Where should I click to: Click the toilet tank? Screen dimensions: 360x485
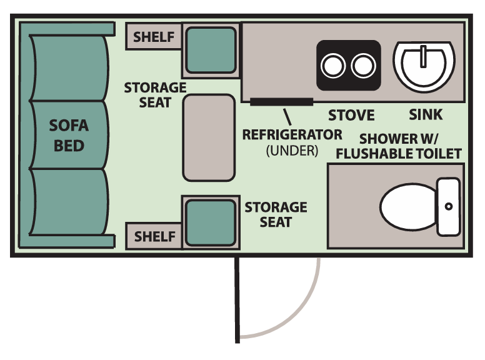(x=449, y=206)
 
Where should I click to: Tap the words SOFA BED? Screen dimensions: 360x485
(x=69, y=136)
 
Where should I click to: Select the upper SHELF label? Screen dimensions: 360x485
(x=154, y=37)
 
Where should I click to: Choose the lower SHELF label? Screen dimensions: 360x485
(x=154, y=236)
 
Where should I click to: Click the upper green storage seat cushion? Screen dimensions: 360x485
(x=211, y=49)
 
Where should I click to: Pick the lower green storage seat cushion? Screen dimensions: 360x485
(x=211, y=223)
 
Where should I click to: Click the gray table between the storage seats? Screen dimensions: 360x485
(x=208, y=137)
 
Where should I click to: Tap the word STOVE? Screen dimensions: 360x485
(x=351, y=115)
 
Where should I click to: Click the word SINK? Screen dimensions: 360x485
(x=426, y=115)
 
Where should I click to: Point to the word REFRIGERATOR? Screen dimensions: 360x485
(x=292, y=134)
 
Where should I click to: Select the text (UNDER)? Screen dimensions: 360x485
(x=292, y=150)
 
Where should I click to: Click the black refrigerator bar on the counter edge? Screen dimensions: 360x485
(x=281, y=101)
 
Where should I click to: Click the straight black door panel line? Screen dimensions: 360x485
(x=237, y=300)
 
